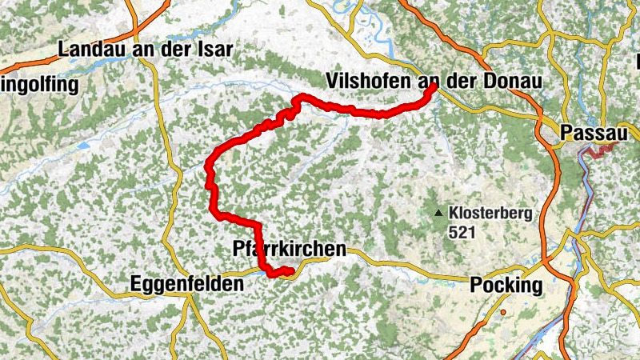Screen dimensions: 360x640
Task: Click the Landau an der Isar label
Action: coord(145,50)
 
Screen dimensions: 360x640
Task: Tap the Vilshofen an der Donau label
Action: coord(434,81)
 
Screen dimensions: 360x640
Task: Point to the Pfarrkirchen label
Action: coord(290,249)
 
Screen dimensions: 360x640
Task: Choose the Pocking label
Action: coord(506,285)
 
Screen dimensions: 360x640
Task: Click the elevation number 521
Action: coord(462,234)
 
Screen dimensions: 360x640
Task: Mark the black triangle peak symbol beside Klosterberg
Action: coord(438,214)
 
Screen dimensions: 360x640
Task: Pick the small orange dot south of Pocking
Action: coord(504,312)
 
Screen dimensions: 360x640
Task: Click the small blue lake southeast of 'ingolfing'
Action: coord(82,146)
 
